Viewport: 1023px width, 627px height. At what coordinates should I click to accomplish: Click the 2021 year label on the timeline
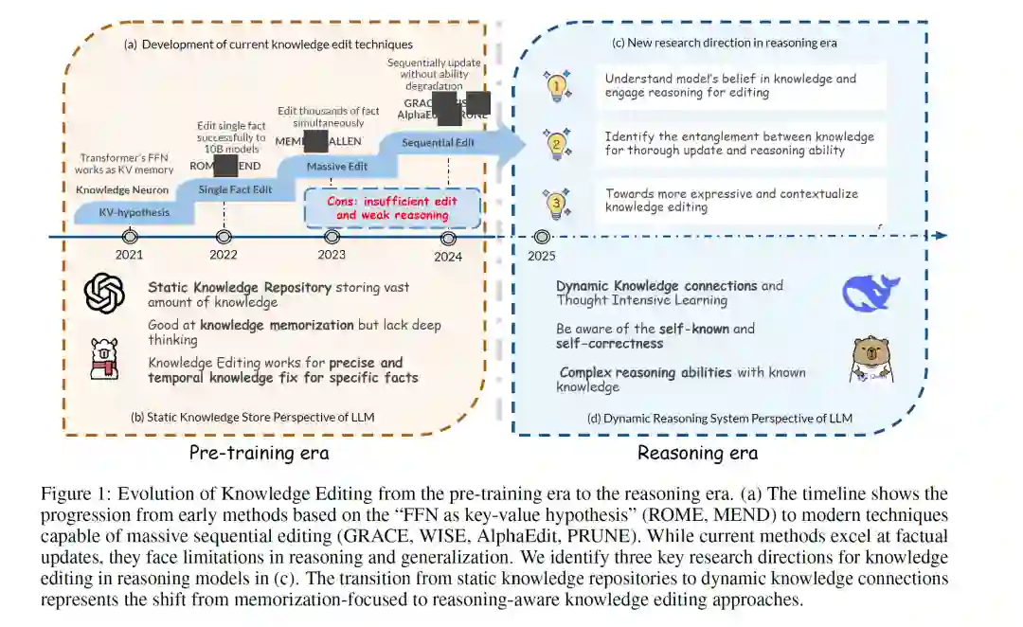pyautogui.click(x=130, y=255)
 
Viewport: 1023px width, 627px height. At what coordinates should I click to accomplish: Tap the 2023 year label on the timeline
pyautogui.click(x=332, y=255)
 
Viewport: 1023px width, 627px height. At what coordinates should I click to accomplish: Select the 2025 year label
pyautogui.click(x=542, y=256)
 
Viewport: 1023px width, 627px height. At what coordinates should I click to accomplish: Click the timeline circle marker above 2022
pyautogui.click(x=224, y=237)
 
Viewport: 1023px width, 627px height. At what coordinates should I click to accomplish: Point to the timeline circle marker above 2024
pyautogui.click(x=449, y=237)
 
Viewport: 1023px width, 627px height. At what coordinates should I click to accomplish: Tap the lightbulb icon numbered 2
pyautogui.click(x=557, y=144)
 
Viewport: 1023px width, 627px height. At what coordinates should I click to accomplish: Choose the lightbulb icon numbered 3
pyautogui.click(x=557, y=202)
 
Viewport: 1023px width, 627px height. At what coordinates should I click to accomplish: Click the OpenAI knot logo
pyautogui.click(x=104, y=294)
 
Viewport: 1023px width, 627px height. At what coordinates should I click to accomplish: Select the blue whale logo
pyautogui.click(x=870, y=293)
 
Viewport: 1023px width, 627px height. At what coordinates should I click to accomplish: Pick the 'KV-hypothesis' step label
pyautogui.click(x=135, y=212)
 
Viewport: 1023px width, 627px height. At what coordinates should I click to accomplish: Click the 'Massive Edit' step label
pyautogui.click(x=337, y=167)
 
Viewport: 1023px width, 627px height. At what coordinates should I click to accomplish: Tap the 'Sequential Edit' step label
pyautogui.click(x=438, y=143)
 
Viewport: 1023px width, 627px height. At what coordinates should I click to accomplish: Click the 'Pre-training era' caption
pyautogui.click(x=259, y=453)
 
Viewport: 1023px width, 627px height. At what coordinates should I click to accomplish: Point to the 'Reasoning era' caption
pyautogui.click(x=697, y=453)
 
